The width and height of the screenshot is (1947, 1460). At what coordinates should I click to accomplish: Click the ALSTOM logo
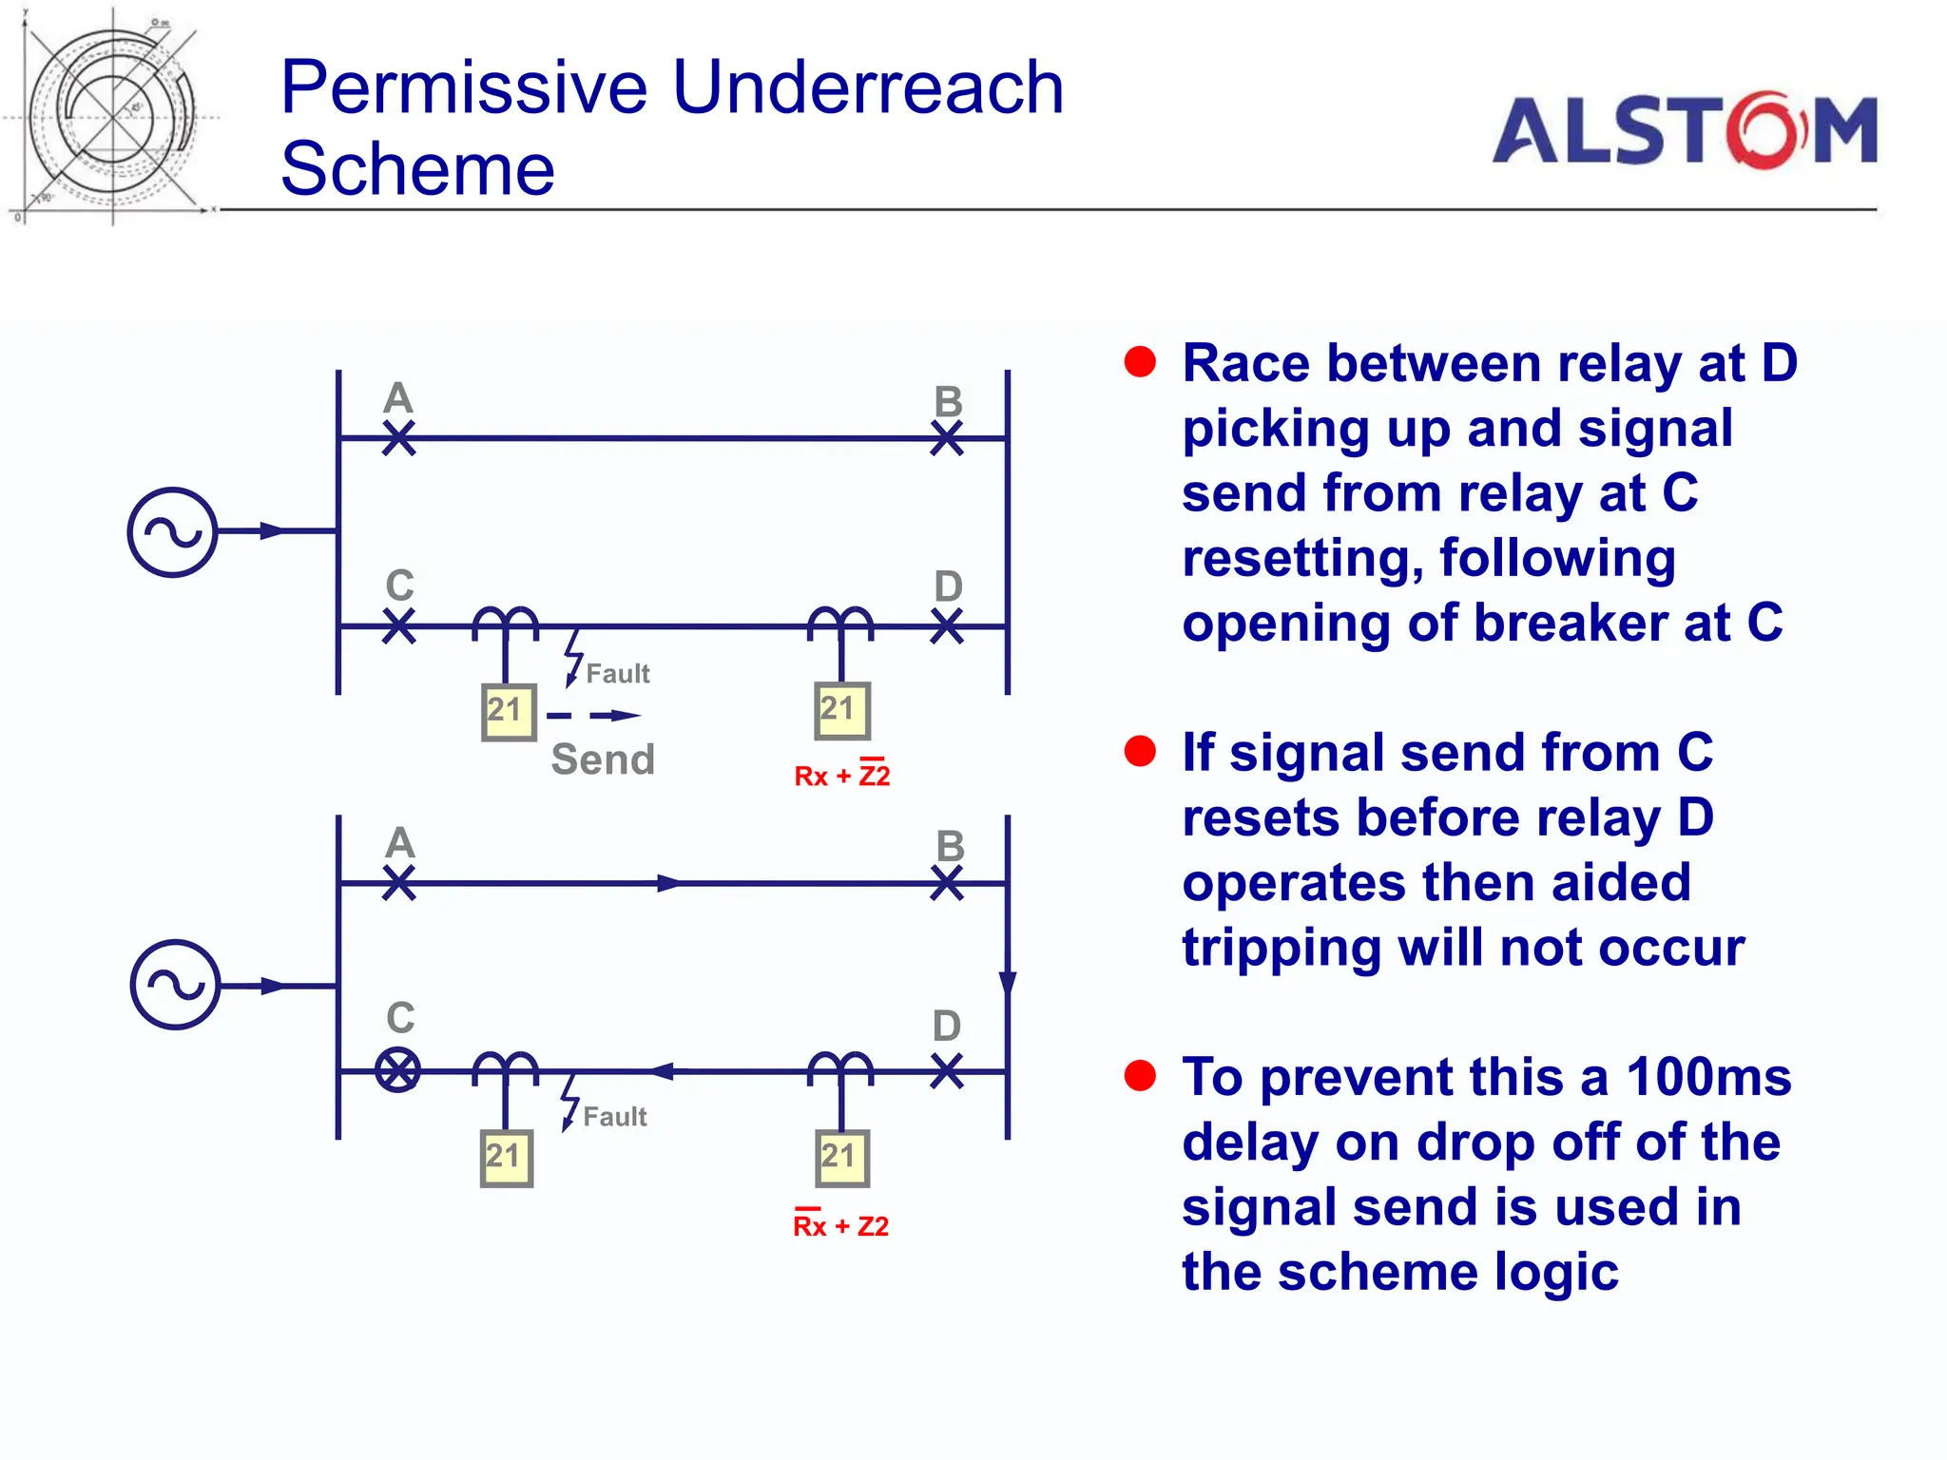[x=1684, y=130]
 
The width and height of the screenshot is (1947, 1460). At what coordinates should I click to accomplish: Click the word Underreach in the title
[x=867, y=87]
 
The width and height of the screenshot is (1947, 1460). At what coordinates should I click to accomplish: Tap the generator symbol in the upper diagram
[x=173, y=532]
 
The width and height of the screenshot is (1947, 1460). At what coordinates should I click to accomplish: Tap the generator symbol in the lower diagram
[x=175, y=985]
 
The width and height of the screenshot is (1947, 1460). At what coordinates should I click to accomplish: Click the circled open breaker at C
[x=398, y=1070]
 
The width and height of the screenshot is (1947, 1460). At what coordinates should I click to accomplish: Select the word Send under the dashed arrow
[x=603, y=759]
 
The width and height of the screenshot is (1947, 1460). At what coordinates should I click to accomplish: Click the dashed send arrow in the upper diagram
[x=594, y=716]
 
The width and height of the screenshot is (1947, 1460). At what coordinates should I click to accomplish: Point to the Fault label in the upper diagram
[x=617, y=674]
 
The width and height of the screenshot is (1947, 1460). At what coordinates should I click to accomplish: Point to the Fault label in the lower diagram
[x=614, y=1117]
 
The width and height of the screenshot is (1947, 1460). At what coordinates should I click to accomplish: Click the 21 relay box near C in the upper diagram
[x=508, y=711]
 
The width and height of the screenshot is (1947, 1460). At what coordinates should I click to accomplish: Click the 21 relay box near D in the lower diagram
[x=841, y=1157]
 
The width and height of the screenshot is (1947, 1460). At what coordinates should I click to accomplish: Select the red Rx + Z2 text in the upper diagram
[x=842, y=776]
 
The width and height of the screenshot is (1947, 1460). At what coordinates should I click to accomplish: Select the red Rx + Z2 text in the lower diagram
[x=840, y=1226]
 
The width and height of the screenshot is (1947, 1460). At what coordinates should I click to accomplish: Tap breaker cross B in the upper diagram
[x=947, y=438]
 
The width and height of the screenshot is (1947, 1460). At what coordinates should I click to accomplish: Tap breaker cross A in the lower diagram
[x=399, y=882]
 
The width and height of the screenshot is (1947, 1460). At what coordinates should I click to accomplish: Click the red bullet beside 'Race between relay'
[x=1139, y=362]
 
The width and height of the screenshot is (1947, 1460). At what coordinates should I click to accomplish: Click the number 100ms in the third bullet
[x=1708, y=1078]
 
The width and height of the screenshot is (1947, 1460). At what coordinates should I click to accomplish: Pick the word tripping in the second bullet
[x=1258, y=948]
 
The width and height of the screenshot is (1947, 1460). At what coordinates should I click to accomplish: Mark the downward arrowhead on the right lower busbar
[x=1008, y=984]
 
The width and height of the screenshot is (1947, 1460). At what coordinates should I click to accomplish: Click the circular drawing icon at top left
[x=112, y=116]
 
